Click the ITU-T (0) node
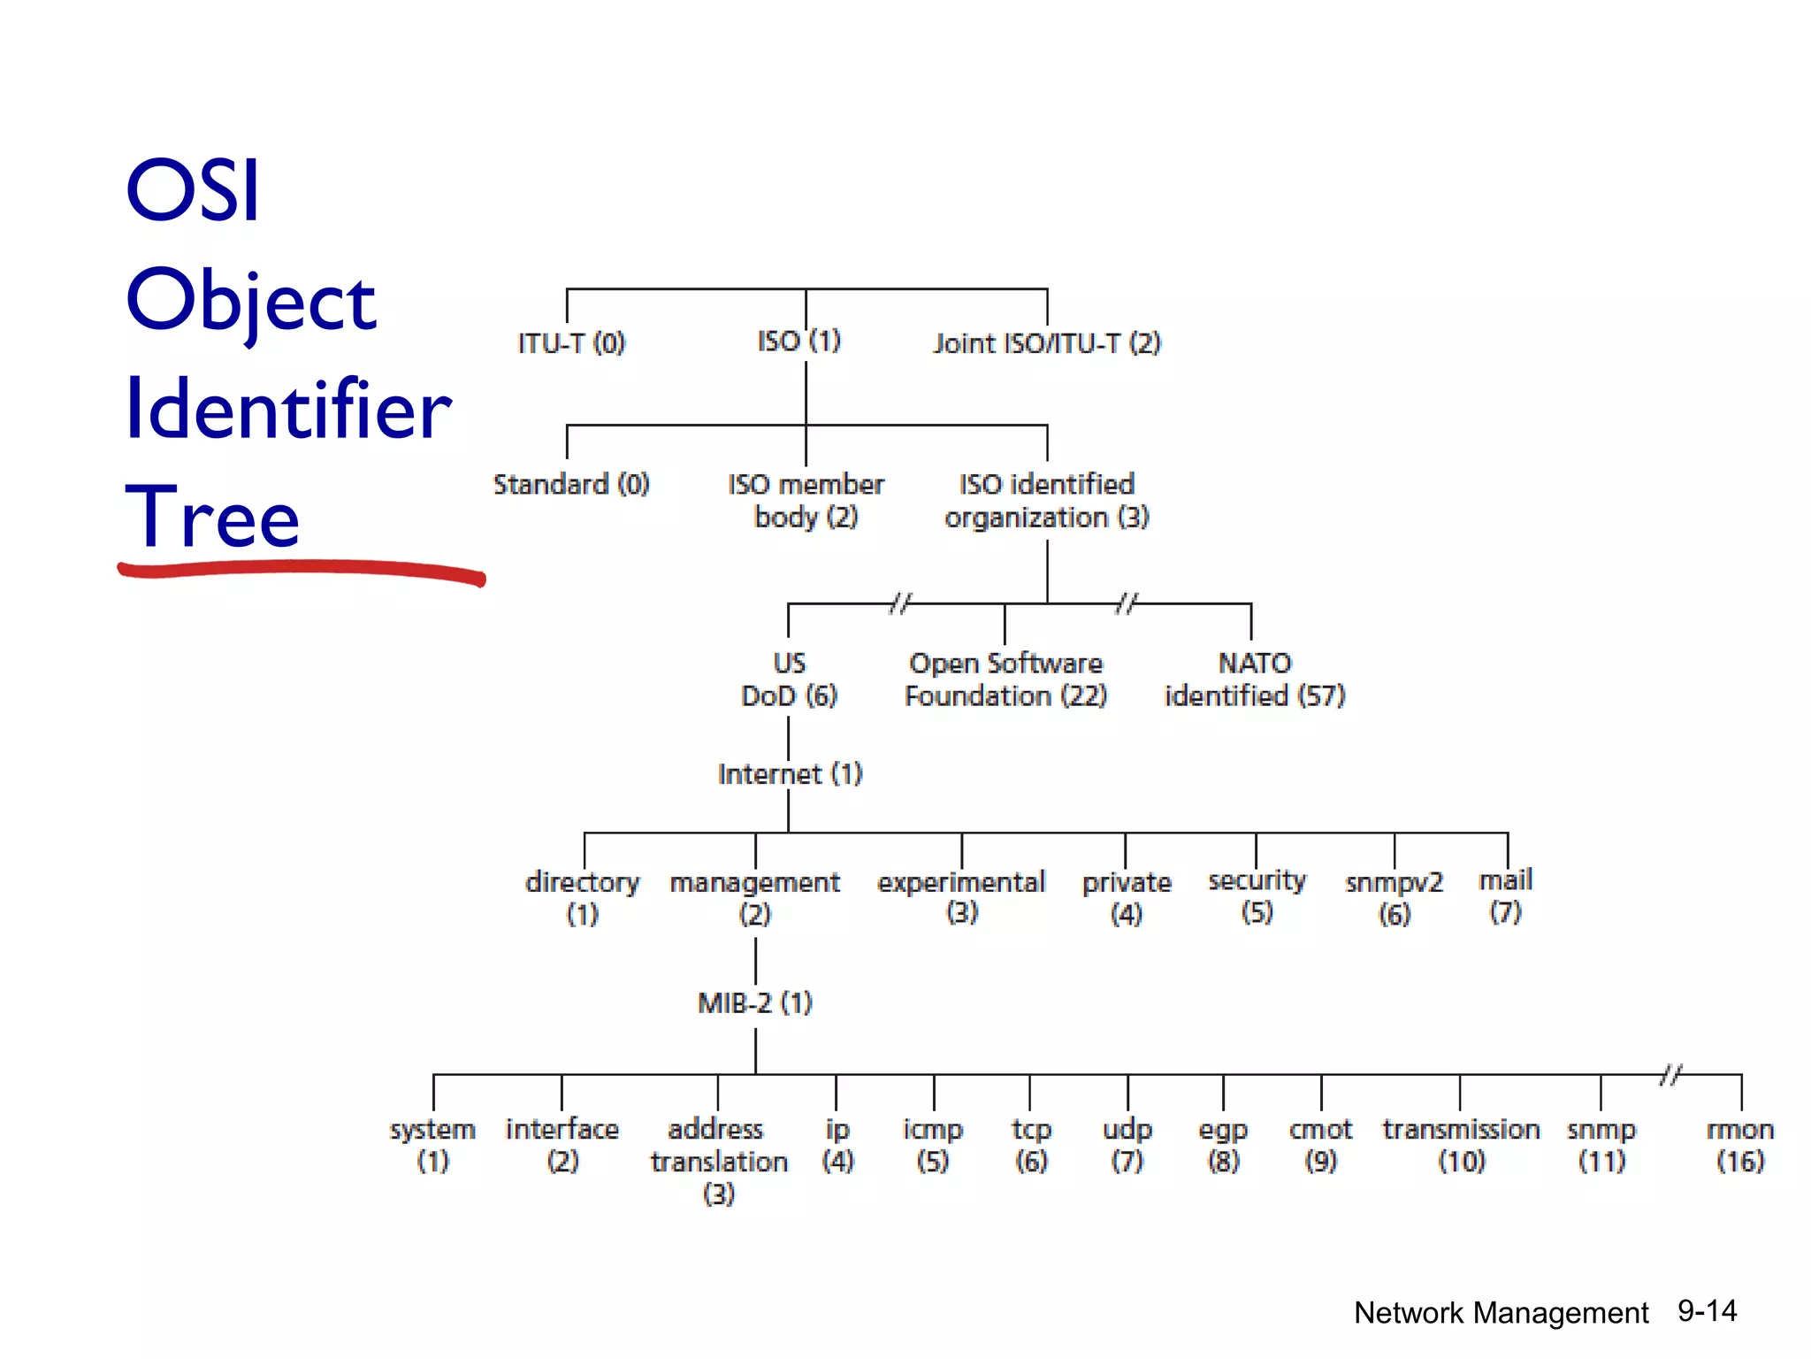tap(571, 343)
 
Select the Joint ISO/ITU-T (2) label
tap(1047, 343)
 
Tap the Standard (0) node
tap(571, 485)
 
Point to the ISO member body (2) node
tap(806, 501)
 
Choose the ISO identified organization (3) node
tap(1047, 501)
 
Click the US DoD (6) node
tap(789, 679)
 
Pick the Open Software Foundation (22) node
tap(1005, 679)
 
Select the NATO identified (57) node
tap(1255, 679)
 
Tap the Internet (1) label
tap(790, 774)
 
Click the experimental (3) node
tap(961, 896)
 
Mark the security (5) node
tap(1257, 895)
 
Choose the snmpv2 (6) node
tap(1394, 897)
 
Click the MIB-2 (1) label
tap(754, 1003)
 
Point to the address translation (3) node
tap(718, 1161)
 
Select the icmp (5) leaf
tap(933, 1145)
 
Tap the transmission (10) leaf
tap(1461, 1145)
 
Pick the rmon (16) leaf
tap(1740, 1145)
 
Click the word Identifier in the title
tap(288, 409)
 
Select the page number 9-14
tap(1707, 1311)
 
